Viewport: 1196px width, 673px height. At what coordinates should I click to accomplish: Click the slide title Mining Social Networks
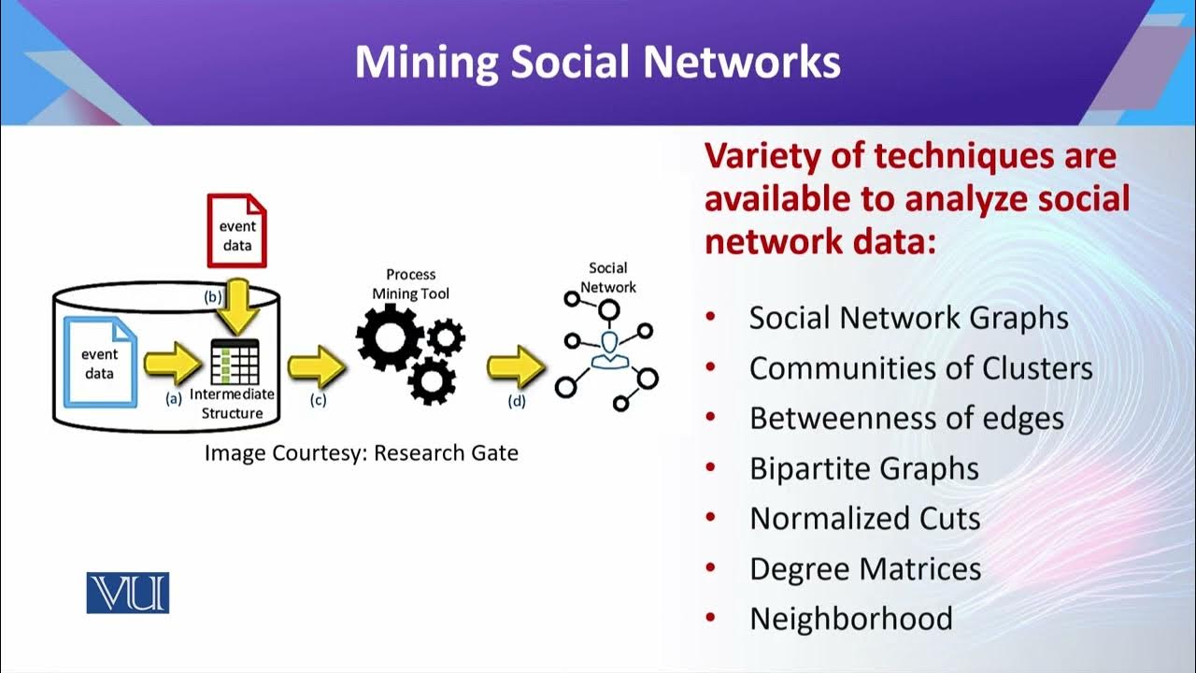tap(597, 62)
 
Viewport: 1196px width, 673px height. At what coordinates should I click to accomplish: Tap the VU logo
tap(127, 593)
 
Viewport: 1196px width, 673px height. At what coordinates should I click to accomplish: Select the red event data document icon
tap(236, 231)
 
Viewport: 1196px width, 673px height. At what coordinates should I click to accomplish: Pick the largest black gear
tap(390, 334)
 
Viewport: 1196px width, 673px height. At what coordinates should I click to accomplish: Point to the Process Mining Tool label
tap(411, 284)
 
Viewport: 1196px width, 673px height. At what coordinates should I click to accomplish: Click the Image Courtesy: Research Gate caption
tap(362, 453)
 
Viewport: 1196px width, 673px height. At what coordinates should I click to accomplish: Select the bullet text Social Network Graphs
tap(908, 318)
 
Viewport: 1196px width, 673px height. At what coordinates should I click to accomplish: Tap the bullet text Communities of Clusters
tap(920, 368)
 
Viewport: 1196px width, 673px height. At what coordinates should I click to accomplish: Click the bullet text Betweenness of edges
tap(906, 419)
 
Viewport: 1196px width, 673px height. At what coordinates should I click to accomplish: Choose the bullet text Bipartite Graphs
tap(863, 468)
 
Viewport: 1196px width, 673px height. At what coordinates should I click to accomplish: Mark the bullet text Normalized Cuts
tap(864, 519)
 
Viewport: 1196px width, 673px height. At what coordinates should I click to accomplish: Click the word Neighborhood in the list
tap(850, 619)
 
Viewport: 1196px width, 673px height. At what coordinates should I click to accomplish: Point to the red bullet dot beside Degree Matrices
tap(711, 568)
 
